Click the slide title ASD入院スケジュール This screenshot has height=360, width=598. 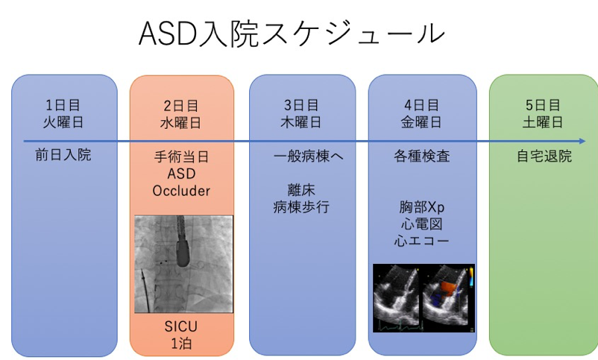(x=292, y=34)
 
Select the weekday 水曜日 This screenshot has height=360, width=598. (x=181, y=122)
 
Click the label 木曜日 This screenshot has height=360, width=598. (x=301, y=122)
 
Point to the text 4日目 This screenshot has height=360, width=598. (x=421, y=105)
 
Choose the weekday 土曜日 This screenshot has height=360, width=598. (x=542, y=122)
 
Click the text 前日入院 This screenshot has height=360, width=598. (x=63, y=157)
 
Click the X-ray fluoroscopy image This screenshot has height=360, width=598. (x=183, y=264)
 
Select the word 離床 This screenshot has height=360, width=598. (x=301, y=191)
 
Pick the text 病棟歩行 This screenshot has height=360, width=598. (x=301, y=208)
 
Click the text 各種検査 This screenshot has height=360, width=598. (x=421, y=157)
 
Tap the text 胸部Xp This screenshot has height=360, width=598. (x=421, y=207)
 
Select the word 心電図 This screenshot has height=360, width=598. (x=421, y=224)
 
